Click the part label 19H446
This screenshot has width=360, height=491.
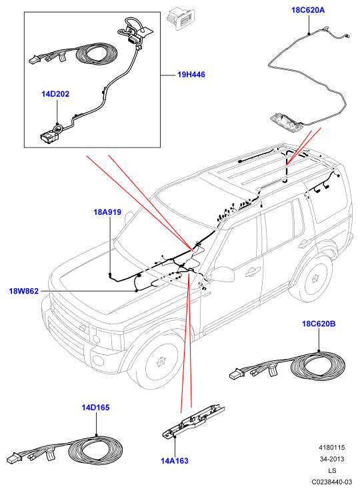pyautogui.click(x=191, y=75)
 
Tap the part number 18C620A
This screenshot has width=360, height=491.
pyautogui.click(x=308, y=10)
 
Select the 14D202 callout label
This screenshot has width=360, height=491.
pyautogui.click(x=55, y=94)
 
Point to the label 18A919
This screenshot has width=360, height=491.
pyautogui.click(x=107, y=212)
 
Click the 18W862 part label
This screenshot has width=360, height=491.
pyautogui.click(x=24, y=292)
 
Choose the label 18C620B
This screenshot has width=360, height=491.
pyautogui.click(x=319, y=324)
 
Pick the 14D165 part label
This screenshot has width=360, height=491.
pyautogui.click(x=96, y=408)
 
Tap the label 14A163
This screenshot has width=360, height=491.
pyautogui.click(x=175, y=461)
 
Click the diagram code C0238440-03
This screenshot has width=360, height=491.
pyautogui.click(x=332, y=482)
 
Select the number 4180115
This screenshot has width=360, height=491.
pyautogui.click(x=332, y=448)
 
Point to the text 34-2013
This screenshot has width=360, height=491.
pyautogui.click(x=332, y=459)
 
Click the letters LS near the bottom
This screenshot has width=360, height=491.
pyautogui.click(x=332, y=470)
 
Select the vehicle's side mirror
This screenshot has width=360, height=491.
pyautogui.click(x=222, y=274)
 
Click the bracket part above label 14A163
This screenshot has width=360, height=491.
pyautogui.click(x=193, y=420)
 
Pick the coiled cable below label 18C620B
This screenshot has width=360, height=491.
pyautogui.click(x=318, y=366)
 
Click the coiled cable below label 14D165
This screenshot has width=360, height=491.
pyautogui.click(x=95, y=450)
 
